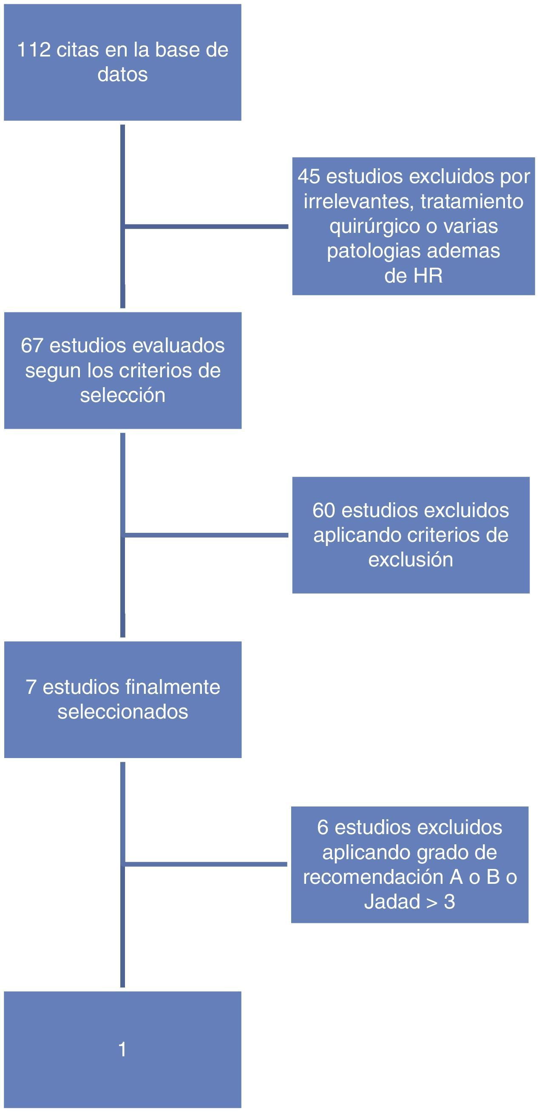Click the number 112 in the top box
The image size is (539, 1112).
tap(34, 50)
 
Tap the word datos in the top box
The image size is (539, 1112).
tap(123, 75)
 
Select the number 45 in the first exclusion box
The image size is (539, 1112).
tap(309, 177)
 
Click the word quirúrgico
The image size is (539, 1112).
tap(374, 226)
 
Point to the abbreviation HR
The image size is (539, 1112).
tap(428, 276)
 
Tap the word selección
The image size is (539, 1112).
tap(123, 396)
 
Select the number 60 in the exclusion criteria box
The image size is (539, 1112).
tap(324, 510)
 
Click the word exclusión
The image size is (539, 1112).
tap(411, 560)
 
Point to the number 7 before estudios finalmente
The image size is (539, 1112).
tap(31, 687)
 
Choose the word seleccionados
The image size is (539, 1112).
tap(123, 712)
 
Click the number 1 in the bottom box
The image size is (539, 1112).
tap(123, 1050)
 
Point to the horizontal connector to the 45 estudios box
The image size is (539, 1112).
tap(207, 226)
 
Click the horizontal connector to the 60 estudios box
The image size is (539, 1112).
tap(207, 535)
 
